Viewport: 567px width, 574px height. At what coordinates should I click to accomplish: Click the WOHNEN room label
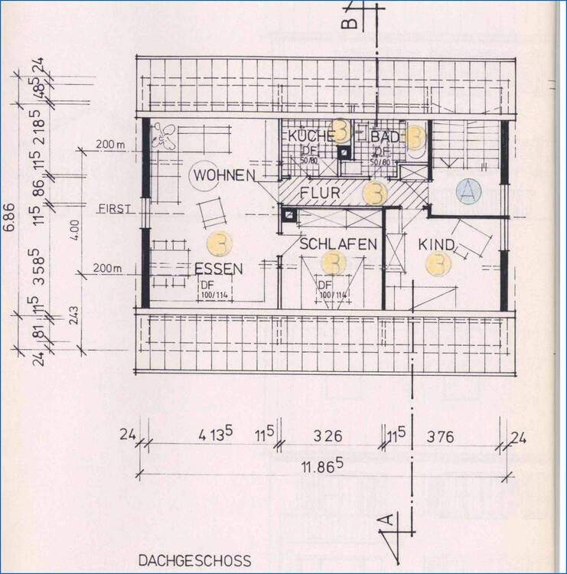click(x=223, y=176)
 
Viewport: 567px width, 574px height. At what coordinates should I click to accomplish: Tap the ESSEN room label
click(x=218, y=269)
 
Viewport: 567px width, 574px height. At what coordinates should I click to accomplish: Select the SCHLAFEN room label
click(x=338, y=244)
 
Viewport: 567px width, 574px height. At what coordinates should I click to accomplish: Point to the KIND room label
click(x=437, y=245)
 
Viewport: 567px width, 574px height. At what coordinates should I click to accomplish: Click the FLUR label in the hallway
click(x=320, y=193)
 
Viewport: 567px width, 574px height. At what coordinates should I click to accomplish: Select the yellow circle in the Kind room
click(x=438, y=264)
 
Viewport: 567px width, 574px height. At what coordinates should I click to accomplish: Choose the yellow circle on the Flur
click(x=374, y=193)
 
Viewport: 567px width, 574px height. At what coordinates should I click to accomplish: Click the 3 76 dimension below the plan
click(x=441, y=437)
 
